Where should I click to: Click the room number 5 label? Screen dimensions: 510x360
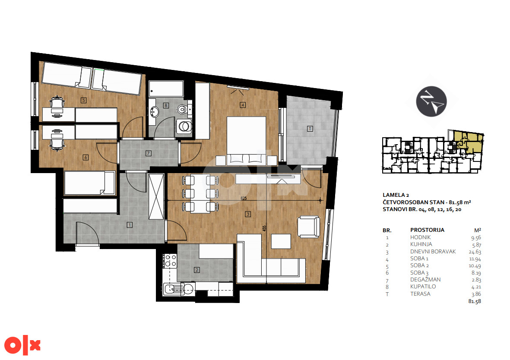pos(84,100)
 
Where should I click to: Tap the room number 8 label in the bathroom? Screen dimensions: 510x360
pos(166,105)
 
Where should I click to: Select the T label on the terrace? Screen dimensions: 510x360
pos(310,129)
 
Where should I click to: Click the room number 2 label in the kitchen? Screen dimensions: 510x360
pos(197,270)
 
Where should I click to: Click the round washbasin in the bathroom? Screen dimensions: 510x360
pos(154,112)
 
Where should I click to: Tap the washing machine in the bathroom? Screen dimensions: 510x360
pos(184,126)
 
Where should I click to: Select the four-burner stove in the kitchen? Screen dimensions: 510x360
pos(170,260)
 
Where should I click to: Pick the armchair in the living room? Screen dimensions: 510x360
pos(308,227)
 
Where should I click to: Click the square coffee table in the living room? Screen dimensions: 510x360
pos(281,241)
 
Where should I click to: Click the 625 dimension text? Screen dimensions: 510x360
pos(244,198)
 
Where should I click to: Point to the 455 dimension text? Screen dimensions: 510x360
pos(264,228)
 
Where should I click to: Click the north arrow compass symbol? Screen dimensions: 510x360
pos(431,101)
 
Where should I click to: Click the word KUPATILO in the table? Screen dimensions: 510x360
pos(423,287)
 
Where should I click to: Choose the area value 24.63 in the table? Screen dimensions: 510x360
pos(475,252)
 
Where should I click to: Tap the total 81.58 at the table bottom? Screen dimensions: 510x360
pos(475,301)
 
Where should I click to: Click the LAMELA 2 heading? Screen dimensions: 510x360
pos(396,195)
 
